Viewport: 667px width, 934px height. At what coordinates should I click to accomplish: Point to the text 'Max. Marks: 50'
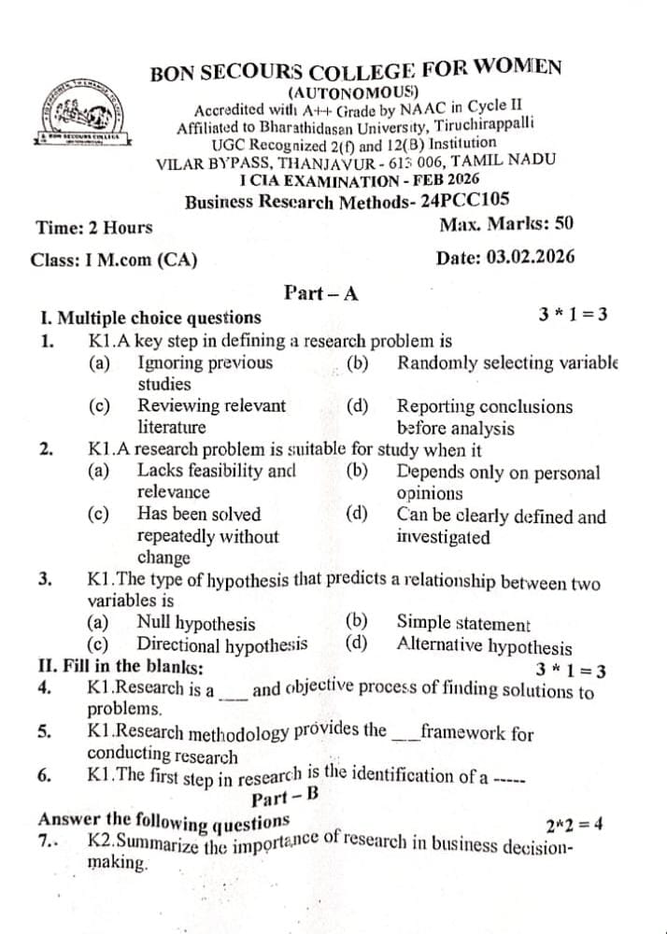click(x=505, y=224)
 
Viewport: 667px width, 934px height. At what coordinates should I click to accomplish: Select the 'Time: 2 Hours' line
click(x=93, y=228)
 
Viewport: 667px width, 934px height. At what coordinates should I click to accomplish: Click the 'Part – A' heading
click(x=320, y=292)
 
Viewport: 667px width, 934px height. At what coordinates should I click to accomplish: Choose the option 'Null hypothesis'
click(x=195, y=623)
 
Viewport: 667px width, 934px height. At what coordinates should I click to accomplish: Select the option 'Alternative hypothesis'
click(x=484, y=645)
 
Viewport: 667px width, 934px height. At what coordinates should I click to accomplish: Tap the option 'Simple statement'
click(x=462, y=623)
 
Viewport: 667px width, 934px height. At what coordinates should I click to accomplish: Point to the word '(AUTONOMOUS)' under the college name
click(x=352, y=92)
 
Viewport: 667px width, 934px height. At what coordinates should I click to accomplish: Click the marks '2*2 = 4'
click(x=573, y=824)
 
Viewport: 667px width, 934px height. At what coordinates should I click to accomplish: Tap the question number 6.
click(x=44, y=774)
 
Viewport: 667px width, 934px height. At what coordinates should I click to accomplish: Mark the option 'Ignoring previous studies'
click(x=205, y=373)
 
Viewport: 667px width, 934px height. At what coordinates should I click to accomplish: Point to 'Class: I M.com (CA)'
click(x=113, y=261)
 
